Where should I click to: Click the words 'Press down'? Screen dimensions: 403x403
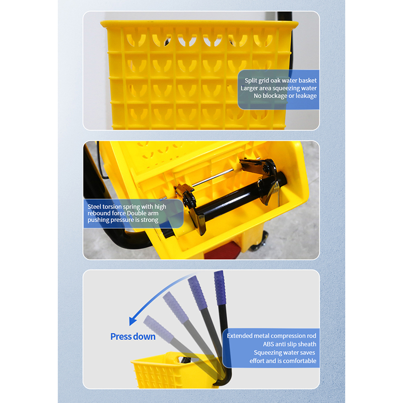tap(133, 337)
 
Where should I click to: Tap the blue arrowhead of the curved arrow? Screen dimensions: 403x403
tap(132, 321)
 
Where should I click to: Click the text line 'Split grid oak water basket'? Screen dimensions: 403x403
tap(281, 81)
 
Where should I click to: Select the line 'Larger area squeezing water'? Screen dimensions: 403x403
tap(279, 88)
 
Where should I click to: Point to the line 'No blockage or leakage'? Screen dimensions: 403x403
tap(285, 96)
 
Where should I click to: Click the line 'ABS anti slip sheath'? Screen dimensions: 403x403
tap(289, 344)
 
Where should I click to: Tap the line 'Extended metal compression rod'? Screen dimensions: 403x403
tap(272, 335)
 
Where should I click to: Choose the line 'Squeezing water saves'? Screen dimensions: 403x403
tap(284, 353)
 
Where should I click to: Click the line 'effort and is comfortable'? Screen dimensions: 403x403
tap(283, 361)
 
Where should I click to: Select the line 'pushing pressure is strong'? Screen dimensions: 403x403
tap(123, 220)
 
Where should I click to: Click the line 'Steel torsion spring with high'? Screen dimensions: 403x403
tap(127, 207)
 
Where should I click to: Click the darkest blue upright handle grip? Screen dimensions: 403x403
tap(220, 288)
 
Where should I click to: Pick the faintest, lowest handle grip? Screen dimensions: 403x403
tap(158, 329)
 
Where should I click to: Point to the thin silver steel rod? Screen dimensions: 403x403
tap(213, 177)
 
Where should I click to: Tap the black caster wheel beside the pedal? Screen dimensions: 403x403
tap(259, 243)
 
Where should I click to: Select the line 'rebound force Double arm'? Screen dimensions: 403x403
tap(123, 213)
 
